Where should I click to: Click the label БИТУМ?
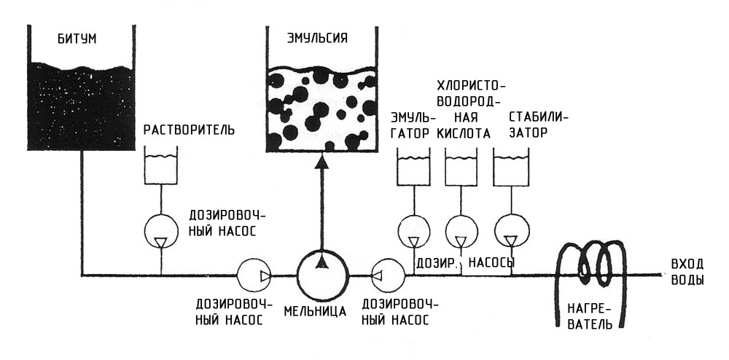click(77, 39)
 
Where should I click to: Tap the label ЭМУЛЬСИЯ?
click(317, 39)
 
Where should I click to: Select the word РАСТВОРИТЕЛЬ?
click(189, 130)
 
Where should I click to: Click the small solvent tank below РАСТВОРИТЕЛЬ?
click(163, 165)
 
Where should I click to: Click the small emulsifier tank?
click(413, 165)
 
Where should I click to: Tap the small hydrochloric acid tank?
click(462, 165)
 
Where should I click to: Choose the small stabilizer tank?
click(511, 165)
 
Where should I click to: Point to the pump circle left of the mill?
click(255, 275)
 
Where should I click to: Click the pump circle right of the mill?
click(388, 275)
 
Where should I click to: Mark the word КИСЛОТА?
click(463, 133)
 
